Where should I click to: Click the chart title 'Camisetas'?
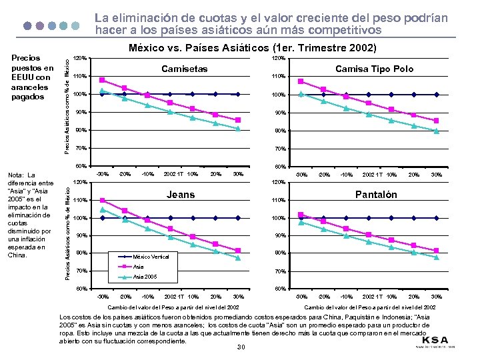tap(185, 69)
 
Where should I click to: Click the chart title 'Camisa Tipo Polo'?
tap(374, 69)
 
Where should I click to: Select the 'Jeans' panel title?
tap(181, 195)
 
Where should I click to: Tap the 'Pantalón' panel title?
tap(375, 195)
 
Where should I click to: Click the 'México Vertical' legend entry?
tap(152, 257)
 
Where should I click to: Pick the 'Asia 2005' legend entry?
tap(145, 275)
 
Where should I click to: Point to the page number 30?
tap(241, 347)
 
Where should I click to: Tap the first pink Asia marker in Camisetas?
tap(102, 80)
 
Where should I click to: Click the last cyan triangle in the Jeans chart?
tap(238, 258)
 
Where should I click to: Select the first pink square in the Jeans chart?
tap(102, 200)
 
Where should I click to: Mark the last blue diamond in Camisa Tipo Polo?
tap(437, 95)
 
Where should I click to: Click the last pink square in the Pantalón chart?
tap(437, 251)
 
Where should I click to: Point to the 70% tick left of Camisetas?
tap(79, 148)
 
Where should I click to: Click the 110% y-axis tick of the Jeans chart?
tap(79, 201)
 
